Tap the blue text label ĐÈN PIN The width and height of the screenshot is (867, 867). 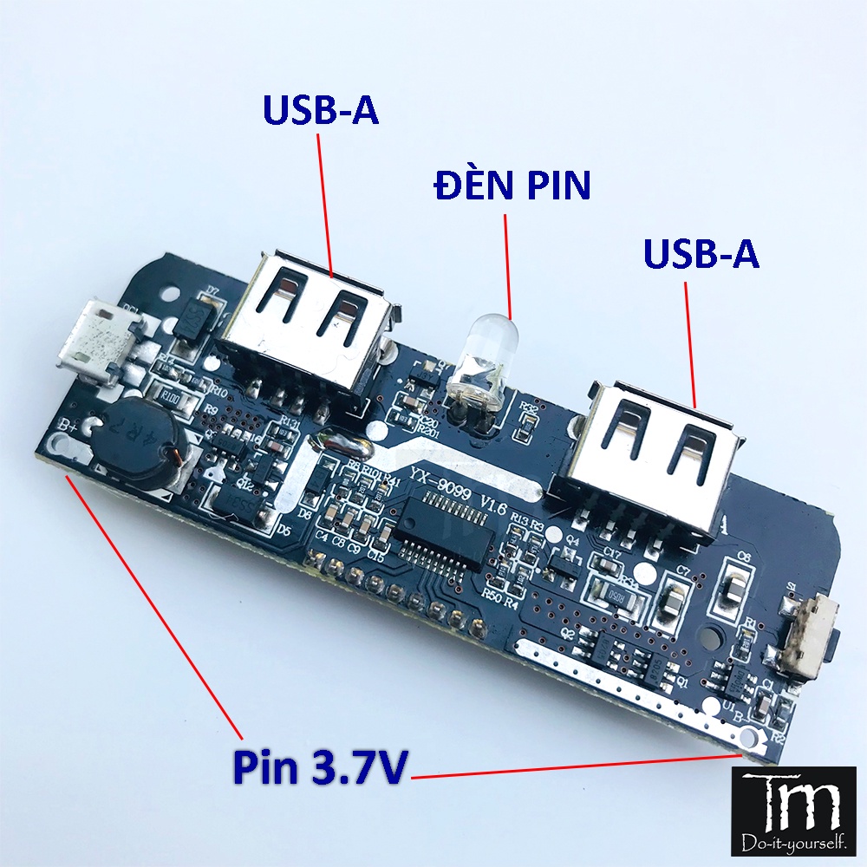click(513, 185)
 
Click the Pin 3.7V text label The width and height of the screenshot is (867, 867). click(318, 767)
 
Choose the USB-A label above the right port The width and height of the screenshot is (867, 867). click(701, 253)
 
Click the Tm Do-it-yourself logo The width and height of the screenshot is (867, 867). click(798, 807)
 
